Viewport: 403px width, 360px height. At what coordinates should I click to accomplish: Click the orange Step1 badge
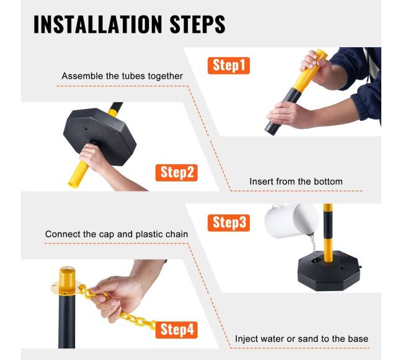[229, 66]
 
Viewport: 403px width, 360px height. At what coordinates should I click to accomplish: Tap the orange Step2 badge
[177, 172]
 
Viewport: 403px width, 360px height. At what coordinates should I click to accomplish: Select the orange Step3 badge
[229, 222]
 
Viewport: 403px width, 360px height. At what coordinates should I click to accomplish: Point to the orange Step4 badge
[177, 330]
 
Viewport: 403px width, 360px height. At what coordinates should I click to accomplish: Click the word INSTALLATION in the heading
[98, 24]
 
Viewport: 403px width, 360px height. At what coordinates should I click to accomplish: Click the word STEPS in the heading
[197, 24]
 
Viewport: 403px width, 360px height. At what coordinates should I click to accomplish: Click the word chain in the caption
[177, 234]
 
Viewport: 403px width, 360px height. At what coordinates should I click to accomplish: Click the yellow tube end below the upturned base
[78, 175]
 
